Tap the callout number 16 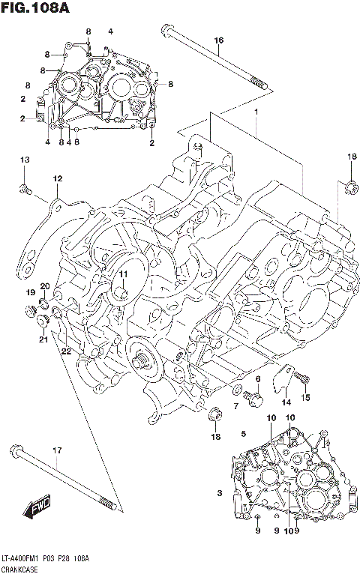tap(218, 40)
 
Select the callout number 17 tap(55, 450)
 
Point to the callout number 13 tap(25, 160)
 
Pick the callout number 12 tap(57, 178)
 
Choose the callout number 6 tap(257, 379)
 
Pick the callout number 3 tap(220, 492)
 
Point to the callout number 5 tap(244, 433)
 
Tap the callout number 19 tap(31, 291)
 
